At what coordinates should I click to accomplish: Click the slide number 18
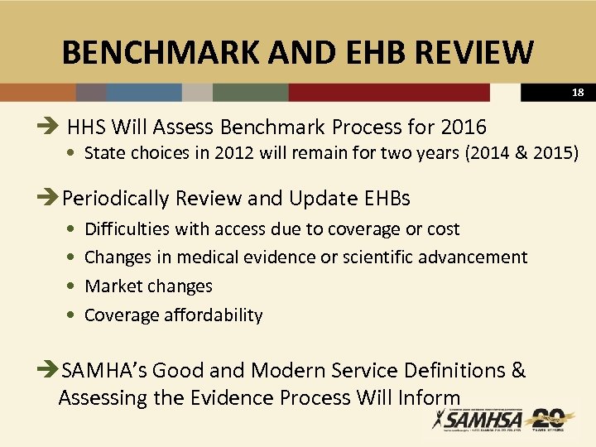[577, 93]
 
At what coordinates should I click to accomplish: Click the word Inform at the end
[432, 398]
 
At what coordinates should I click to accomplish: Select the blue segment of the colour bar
[144, 92]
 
